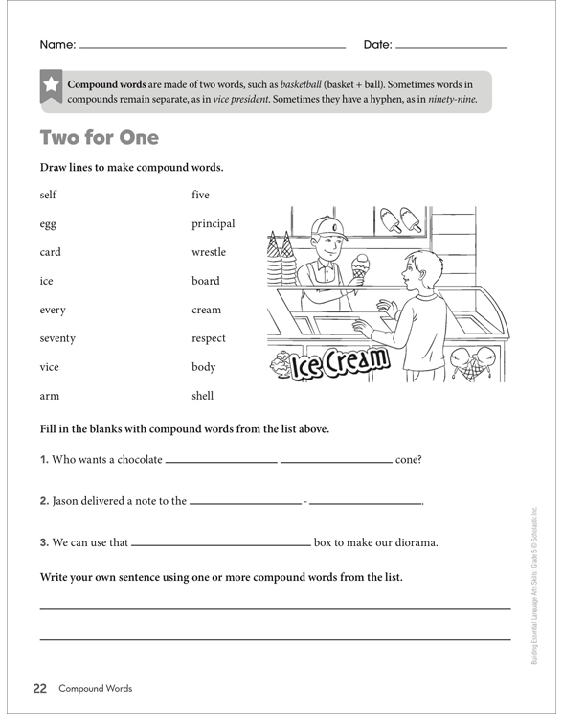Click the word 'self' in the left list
point(48,195)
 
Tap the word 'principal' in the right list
point(213,224)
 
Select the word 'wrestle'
point(209,252)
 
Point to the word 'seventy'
point(57,338)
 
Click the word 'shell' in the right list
point(202,396)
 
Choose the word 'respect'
point(209,338)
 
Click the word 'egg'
point(48,224)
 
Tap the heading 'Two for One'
point(99,137)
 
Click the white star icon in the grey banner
point(50,86)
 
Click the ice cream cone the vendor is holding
point(360,264)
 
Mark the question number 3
point(44,542)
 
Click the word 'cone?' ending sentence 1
point(408,459)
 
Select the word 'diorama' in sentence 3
point(412,542)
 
